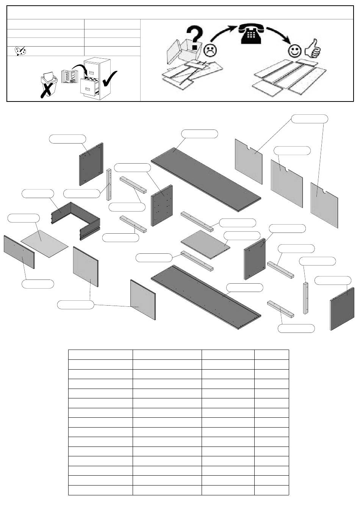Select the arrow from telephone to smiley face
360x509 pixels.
pyautogui.click(x=279, y=34)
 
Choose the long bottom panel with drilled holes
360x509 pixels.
pyautogui.click(x=207, y=297)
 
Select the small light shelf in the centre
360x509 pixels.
pyautogui.click(x=206, y=244)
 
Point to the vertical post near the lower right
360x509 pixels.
pyautogui.click(x=305, y=298)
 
